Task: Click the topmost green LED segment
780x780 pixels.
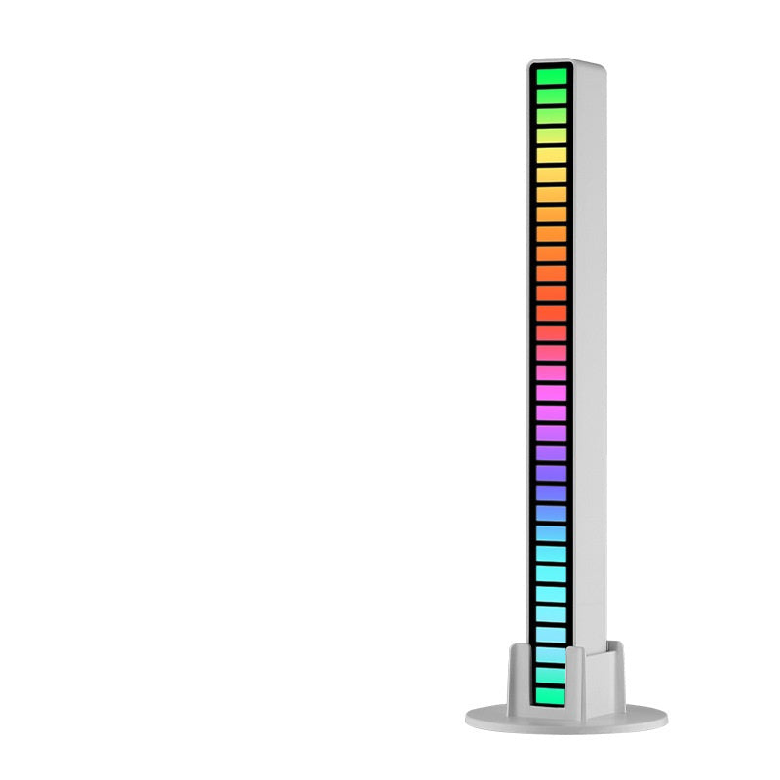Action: (x=550, y=76)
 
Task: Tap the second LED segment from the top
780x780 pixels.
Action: (x=550, y=96)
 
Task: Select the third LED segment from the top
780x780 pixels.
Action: (x=550, y=116)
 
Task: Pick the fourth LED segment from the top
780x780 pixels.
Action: (x=550, y=136)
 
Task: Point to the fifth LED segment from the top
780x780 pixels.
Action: (x=550, y=155)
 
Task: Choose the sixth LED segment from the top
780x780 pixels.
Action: (x=550, y=175)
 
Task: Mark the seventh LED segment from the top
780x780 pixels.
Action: (x=550, y=194)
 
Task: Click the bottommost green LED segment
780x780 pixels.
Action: (x=550, y=694)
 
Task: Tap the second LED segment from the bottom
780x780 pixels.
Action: (x=550, y=674)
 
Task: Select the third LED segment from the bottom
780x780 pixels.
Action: (x=550, y=653)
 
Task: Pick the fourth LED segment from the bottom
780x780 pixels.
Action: (x=550, y=634)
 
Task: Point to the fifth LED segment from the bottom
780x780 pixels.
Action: (x=550, y=613)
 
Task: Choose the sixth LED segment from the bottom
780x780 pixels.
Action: (x=550, y=593)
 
